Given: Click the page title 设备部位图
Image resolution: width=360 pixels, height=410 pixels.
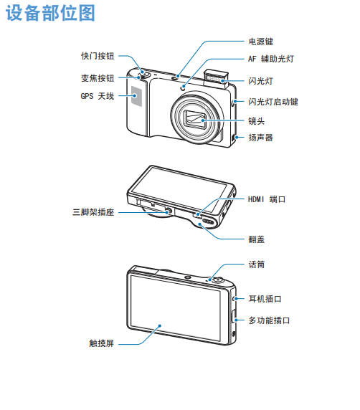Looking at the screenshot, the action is pos(50,13).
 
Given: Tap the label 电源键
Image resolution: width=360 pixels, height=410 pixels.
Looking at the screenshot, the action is pos(260,42).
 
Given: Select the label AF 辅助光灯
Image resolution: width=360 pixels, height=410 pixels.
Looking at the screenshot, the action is pos(271,59).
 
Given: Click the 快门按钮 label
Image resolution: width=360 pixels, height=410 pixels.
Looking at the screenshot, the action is pos(98,56).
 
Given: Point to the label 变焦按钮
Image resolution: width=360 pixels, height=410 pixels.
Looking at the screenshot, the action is pos(98,78).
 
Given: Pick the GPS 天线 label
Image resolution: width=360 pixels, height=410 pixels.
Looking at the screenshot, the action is pos(98,96).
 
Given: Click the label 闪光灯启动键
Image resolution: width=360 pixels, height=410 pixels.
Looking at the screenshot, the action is pos(273,102).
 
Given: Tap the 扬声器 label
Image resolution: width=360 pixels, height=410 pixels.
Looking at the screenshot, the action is pos(260,138).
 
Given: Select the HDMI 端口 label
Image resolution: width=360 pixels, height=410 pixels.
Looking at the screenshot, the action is pos(267,199).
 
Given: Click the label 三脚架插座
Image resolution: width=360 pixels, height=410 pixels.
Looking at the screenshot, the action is pos(93,212).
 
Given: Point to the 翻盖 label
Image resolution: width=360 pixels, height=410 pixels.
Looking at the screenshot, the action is pos(257,239).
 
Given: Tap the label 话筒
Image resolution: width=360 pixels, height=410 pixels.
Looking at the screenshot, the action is pos(257,264).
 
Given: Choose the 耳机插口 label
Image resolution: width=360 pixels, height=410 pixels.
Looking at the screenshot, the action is pos(265,299).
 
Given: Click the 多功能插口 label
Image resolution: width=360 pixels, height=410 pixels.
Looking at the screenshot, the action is pos(269,320).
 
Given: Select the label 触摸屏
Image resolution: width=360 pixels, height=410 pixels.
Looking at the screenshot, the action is pos(102,343).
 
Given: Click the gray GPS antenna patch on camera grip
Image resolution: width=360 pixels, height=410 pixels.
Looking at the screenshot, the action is pos(136,96).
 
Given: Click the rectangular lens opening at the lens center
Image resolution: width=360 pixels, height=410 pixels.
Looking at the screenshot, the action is pos(195,119).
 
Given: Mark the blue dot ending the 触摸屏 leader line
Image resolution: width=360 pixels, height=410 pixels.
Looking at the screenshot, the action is pos(160,326).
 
